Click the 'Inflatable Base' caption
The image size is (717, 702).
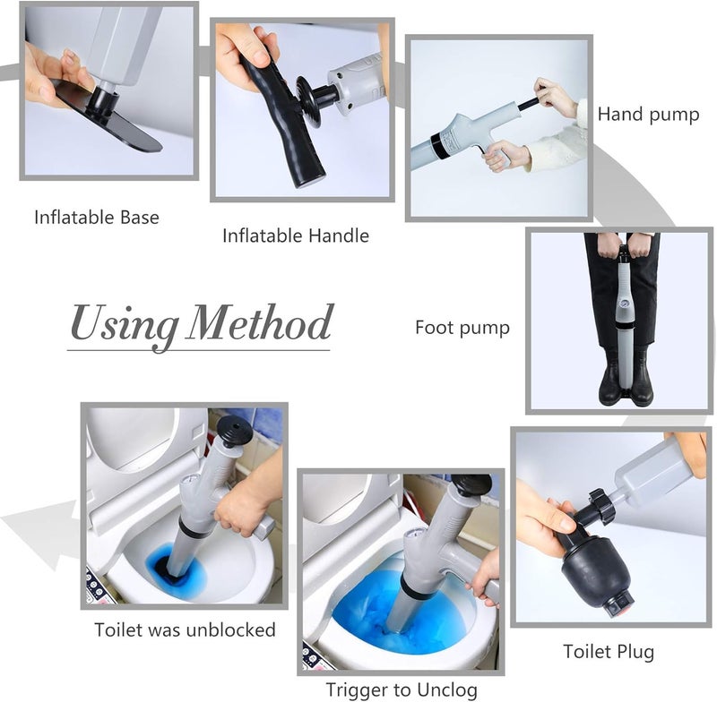click(x=97, y=218)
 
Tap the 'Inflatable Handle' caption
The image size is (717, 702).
click(x=296, y=236)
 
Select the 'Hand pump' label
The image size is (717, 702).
click(x=648, y=115)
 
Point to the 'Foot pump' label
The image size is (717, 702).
click(x=462, y=328)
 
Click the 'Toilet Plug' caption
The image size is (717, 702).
click(x=609, y=652)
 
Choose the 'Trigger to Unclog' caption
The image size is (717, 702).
click(x=402, y=690)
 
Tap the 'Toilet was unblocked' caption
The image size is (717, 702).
click(x=185, y=629)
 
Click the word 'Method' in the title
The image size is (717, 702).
click(x=260, y=323)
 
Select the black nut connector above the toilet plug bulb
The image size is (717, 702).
click(x=600, y=506)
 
